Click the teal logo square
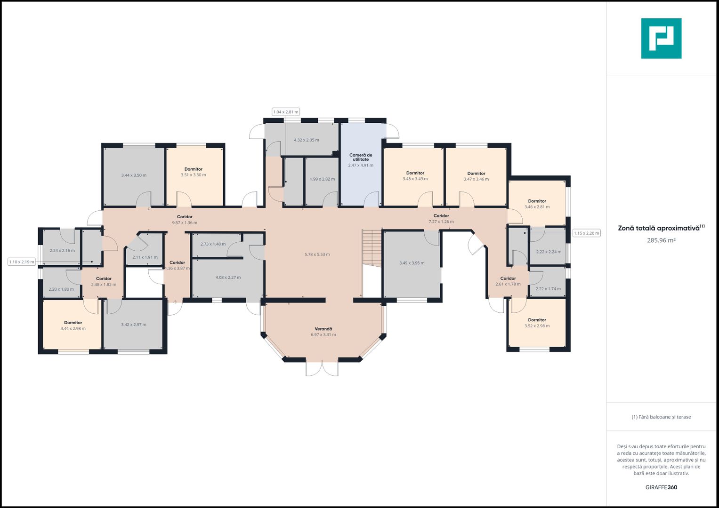(661, 39)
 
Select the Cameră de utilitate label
(361, 157)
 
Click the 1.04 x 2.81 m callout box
(286, 112)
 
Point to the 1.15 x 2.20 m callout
(586, 233)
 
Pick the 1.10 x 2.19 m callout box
(22, 262)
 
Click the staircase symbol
(372, 247)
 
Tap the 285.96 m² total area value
(661, 240)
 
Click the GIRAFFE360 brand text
(661, 487)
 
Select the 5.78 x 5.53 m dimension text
(317, 254)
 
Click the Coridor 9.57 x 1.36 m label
(185, 220)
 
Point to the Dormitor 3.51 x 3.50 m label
(193, 172)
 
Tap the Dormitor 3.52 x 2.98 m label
(537, 323)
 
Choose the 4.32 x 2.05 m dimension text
(307, 140)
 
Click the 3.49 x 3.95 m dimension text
(412, 263)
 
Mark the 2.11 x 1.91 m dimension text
(145, 257)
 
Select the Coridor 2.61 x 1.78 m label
(508, 281)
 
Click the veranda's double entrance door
(322, 368)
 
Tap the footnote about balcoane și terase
(661, 417)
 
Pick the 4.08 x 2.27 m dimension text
(228, 278)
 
